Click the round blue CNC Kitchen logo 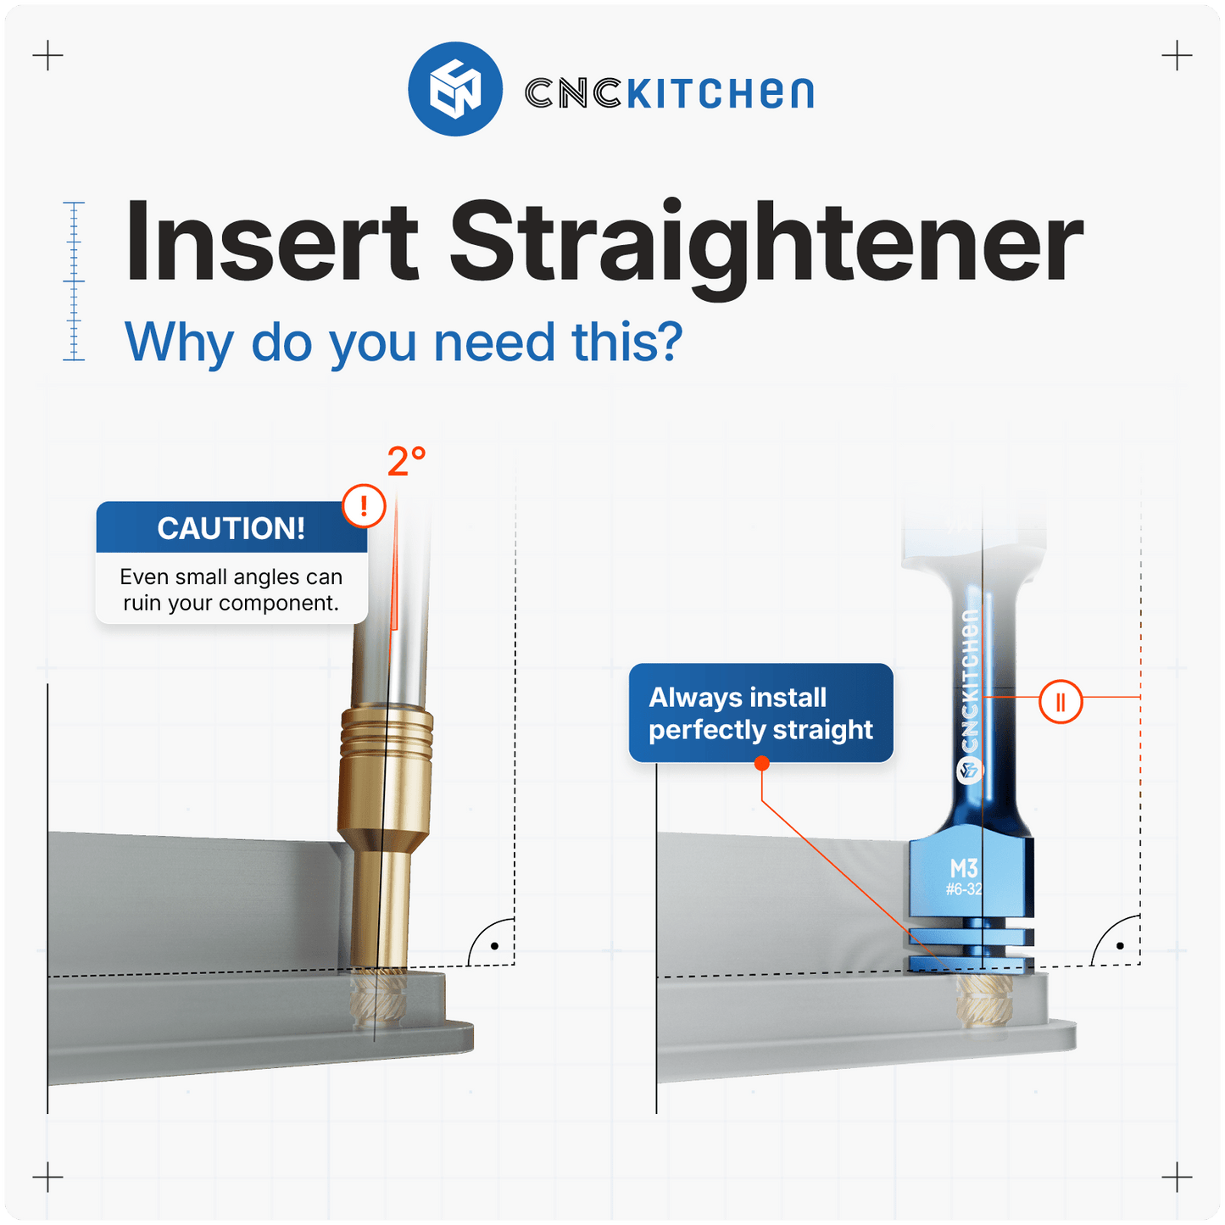coord(454,89)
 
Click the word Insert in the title coord(271,242)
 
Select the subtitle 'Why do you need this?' coord(404,342)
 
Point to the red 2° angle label coord(406,462)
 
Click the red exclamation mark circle coord(365,506)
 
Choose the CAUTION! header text coord(231,528)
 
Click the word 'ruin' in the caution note coord(142,603)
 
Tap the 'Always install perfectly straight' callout coord(760,713)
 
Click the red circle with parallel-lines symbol coord(1061,702)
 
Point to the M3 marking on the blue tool coord(964,868)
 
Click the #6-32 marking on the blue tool coord(964,889)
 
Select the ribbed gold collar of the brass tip coord(387,730)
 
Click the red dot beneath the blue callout coord(761,764)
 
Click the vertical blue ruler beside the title coord(75,281)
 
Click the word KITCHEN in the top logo coord(720,93)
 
